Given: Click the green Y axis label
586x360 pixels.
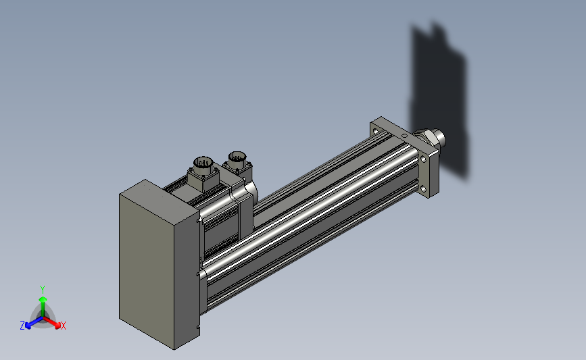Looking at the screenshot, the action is (x=42, y=290).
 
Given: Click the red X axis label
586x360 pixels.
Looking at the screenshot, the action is (x=63, y=326).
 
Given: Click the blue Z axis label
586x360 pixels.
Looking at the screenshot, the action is (x=22, y=326).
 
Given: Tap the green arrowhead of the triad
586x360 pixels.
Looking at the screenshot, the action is (x=43, y=299).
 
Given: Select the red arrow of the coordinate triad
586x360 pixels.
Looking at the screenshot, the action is (x=52, y=322).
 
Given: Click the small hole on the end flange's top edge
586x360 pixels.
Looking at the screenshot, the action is (x=404, y=135).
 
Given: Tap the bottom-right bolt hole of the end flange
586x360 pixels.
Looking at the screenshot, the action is (x=423, y=188).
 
